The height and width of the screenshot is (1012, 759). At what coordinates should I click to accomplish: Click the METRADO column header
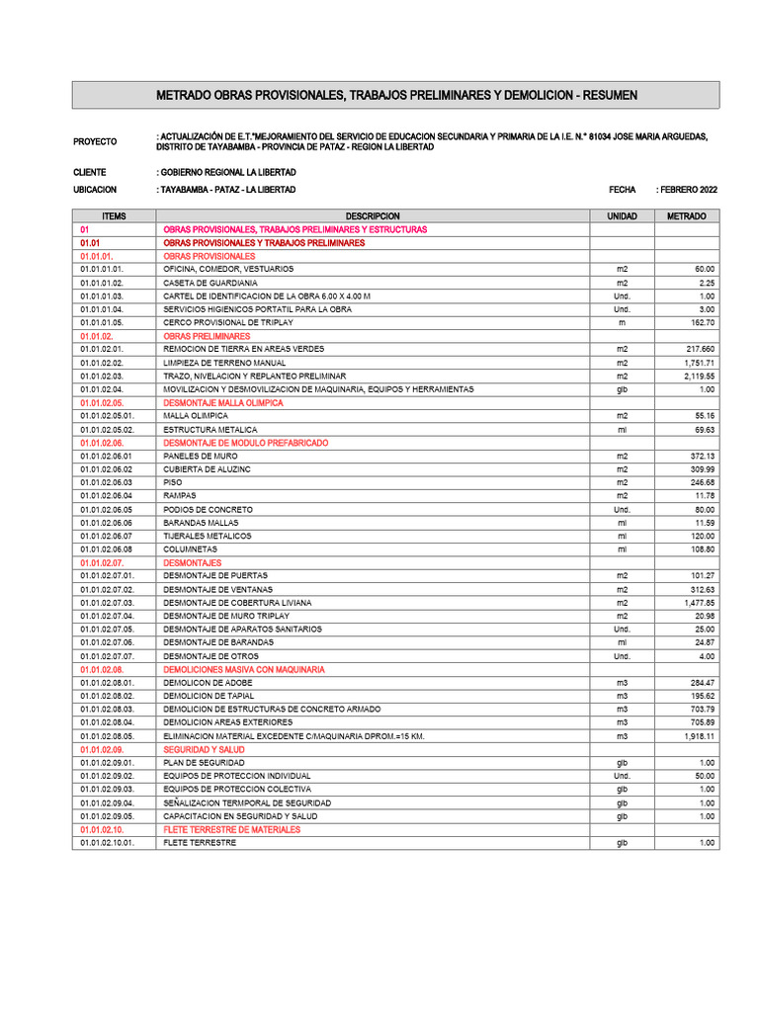(687, 215)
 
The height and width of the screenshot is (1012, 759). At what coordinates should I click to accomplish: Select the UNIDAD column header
(622, 215)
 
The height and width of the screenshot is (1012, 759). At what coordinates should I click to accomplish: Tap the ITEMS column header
(114, 215)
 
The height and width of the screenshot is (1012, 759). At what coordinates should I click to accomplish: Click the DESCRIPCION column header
(373, 215)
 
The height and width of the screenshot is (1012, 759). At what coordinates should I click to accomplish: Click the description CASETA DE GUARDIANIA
(211, 283)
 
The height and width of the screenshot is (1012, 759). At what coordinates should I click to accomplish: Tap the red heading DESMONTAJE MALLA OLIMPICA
(223, 403)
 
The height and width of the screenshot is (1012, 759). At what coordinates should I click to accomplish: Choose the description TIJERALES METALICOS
(208, 536)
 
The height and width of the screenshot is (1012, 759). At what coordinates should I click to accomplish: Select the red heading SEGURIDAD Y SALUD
(205, 750)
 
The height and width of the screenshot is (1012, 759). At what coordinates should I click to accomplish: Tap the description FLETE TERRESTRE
(200, 843)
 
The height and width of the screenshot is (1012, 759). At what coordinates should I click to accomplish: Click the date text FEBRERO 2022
(689, 189)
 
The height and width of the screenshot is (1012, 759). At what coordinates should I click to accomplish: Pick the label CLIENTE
(90, 172)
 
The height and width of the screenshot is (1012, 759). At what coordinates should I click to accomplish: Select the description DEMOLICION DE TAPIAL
(210, 696)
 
